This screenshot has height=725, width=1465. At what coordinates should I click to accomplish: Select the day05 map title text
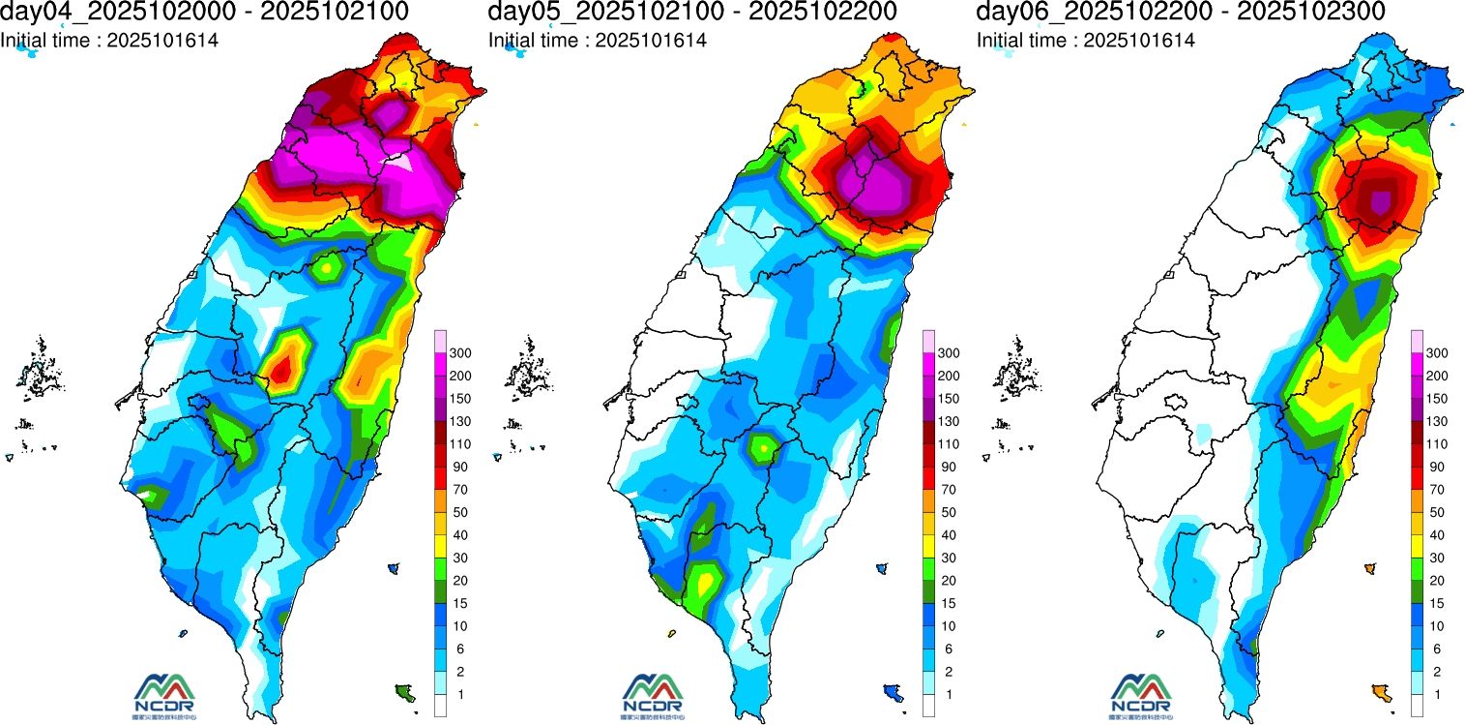tap(692, 12)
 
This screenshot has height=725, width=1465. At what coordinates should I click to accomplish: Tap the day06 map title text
tap(1181, 12)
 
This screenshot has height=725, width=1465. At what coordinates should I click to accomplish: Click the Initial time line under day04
tap(109, 41)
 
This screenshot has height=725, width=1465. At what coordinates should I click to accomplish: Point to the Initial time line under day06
tap(1086, 41)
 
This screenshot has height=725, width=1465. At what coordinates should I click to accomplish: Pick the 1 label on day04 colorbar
tap(460, 694)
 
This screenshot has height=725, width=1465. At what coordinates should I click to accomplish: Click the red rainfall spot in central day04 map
tap(281, 369)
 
